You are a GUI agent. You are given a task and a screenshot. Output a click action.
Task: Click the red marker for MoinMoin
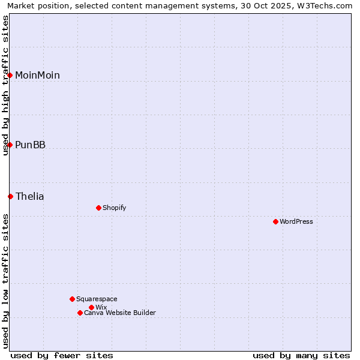tap(10, 75)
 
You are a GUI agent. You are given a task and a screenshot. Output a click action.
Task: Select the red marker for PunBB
tap(10, 145)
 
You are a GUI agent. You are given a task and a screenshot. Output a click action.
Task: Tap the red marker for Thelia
tap(10, 196)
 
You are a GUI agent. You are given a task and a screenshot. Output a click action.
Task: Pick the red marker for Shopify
tap(98, 208)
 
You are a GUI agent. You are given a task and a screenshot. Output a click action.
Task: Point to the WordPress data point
tap(275, 221)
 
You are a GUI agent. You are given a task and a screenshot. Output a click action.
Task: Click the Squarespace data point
tap(72, 299)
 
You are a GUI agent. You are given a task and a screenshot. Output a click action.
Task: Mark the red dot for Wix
tap(91, 307)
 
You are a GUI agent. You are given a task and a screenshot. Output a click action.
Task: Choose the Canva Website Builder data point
tap(80, 313)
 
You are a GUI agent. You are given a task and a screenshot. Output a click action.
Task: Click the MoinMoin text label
tap(37, 75)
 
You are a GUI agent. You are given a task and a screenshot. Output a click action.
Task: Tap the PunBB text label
tap(30, 145)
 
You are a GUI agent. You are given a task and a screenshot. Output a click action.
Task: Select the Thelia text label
tap(29, 196)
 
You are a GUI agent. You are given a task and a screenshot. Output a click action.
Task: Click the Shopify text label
tap(114, 208)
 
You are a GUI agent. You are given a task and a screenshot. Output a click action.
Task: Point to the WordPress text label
tap(296, 221)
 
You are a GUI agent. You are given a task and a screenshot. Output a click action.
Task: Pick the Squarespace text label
tap(97, 299)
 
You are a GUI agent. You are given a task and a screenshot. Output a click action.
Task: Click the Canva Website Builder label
tap(119, 313)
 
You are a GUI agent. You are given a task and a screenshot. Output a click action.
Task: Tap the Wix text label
tap(101, 307)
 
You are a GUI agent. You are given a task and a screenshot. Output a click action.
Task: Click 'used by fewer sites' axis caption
tap(62, 355)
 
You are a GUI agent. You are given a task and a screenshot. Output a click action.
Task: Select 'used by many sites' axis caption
tap(301, 355)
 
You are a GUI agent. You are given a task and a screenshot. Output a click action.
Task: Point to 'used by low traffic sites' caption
tap(6, 281)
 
